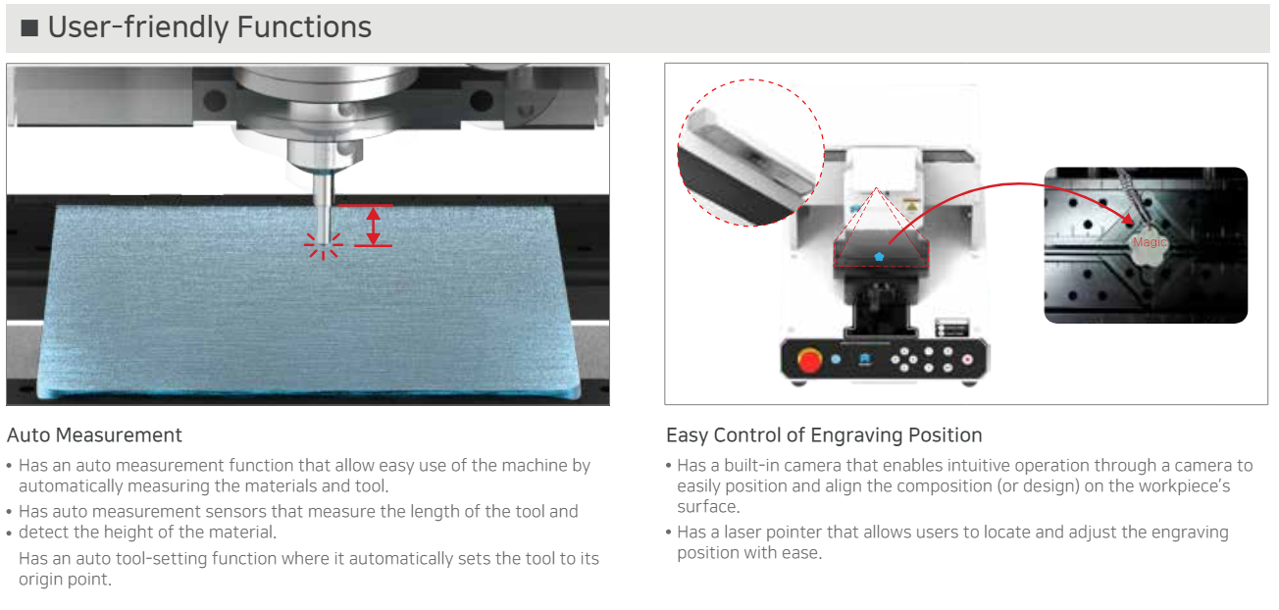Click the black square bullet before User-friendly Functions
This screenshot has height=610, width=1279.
point(29,28)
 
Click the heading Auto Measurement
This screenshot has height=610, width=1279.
point(94,435)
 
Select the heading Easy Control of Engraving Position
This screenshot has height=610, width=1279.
point(824,435)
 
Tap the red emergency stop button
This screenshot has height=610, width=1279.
point(809,360)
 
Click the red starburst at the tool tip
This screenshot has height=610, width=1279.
point(323,245)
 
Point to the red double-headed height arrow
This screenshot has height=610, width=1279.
point(374,226)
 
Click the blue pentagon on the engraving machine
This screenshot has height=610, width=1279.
point(879,257)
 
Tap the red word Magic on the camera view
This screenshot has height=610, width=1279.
point(1150,242)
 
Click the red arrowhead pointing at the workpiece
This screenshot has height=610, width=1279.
point(1128,220)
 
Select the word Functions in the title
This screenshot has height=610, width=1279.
point(304,26)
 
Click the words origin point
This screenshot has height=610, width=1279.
point(65,580)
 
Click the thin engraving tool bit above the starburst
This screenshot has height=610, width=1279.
point(324,207)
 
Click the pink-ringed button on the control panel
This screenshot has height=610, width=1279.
point(967,359)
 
